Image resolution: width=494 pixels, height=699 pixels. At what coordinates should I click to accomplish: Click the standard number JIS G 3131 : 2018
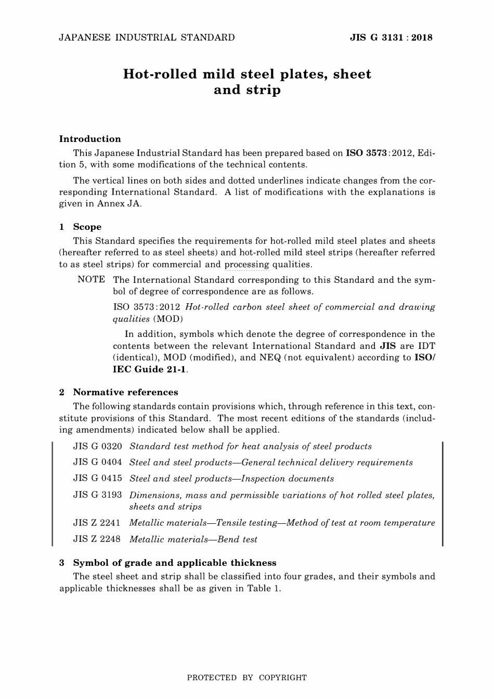pos(391,37)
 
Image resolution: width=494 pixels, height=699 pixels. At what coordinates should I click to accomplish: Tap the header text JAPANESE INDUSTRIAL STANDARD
pos(147,37)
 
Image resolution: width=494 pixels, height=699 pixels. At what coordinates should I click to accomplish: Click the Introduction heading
pos(90,139)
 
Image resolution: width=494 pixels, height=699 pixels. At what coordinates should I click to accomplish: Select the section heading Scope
pos(87,227)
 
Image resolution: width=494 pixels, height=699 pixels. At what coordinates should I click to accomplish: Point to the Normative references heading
pos(125,392)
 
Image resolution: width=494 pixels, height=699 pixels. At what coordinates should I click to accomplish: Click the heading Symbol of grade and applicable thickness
pos(175,563)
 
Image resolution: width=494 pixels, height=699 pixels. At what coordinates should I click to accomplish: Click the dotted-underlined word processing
pos(246,264)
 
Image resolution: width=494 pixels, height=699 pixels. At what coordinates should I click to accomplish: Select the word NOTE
pos(91,280)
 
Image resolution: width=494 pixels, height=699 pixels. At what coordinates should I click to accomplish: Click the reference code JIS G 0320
pos(97,446)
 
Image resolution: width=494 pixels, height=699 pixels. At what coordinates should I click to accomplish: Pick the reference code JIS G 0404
pos(97,462)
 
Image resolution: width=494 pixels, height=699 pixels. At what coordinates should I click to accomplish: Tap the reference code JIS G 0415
pos(97,478)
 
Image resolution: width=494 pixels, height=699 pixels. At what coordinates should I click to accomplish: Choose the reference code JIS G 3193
pos(97,495)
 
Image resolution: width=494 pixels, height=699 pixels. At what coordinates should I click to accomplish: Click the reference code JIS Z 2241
pos(97,523)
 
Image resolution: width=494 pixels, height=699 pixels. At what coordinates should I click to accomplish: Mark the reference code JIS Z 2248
pos(97,539)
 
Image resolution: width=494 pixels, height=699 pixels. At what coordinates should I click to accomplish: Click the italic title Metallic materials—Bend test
pos(193,539)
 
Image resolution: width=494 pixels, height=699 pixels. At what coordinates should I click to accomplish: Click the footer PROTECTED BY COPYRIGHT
pos(246,678)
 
